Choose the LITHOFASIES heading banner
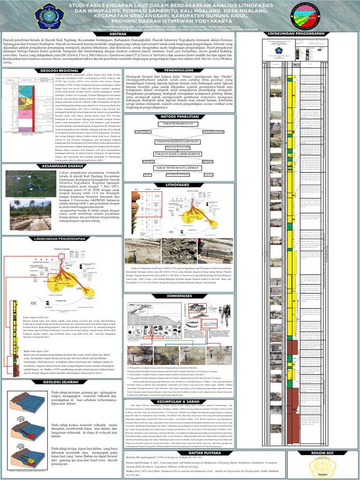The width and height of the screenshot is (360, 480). coord(180,185)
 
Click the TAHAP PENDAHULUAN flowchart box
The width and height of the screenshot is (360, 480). coord(180,124)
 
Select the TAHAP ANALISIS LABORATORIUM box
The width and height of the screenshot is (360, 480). coord(180,153)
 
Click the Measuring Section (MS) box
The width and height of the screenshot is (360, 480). coord(180,146)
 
